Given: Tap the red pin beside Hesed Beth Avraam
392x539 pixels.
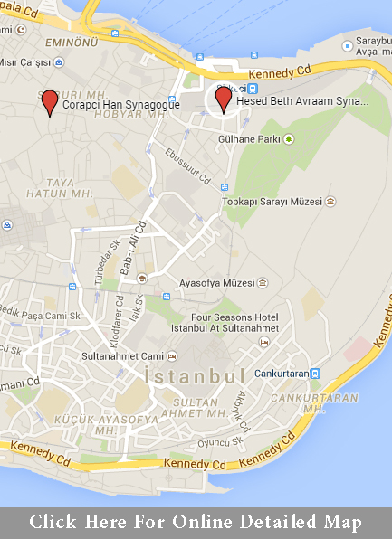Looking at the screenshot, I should click(x=223, y=98).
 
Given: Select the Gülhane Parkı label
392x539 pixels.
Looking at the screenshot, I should click(x=255, y=139).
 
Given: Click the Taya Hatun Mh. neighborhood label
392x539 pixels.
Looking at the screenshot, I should click(x=70, y=187).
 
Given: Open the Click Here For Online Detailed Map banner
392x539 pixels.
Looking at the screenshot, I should click(x=196, y=522).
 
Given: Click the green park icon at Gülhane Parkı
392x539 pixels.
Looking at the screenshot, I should click(x=289, y=139).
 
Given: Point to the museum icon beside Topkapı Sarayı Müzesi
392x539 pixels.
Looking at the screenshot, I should click(x=331, y=201).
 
